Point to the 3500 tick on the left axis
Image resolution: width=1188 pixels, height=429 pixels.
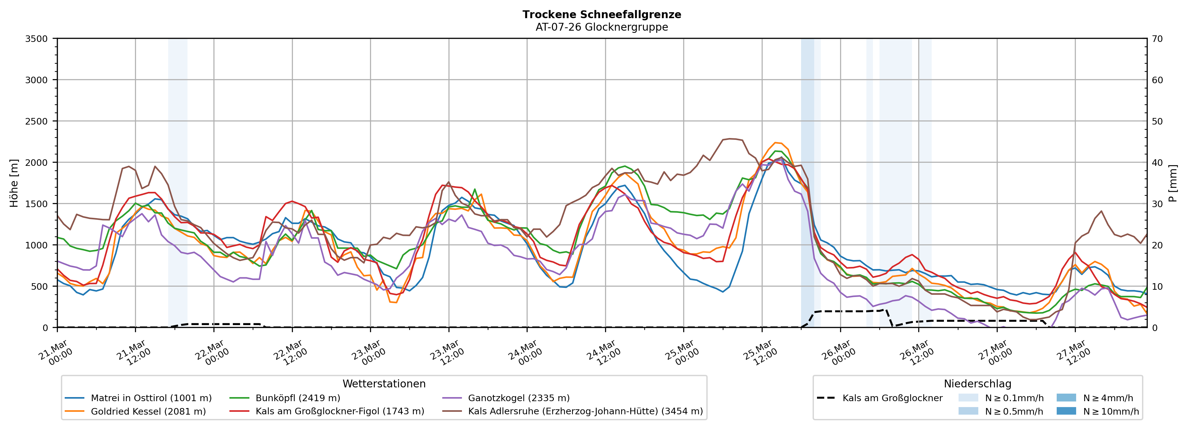pyautogui.click(x=37, y=39)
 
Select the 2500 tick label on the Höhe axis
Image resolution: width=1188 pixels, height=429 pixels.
pyautogui.click(x=37, y=121)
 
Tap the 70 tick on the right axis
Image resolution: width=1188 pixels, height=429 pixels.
pyautogui.click(x=1157, y=39)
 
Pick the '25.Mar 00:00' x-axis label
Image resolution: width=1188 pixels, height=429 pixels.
pyautogui.click(x=681, y=353)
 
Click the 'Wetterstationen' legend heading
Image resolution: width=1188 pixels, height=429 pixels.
pyautogui.click(x=384, y=384)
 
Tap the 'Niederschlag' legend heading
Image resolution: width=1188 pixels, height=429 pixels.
pyautogui.click(x=977, y=384)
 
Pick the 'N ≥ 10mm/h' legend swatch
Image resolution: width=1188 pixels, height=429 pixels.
pyautogui.click(x=1066, y=411)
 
